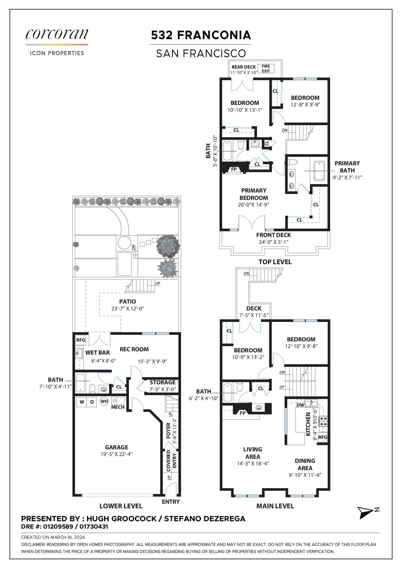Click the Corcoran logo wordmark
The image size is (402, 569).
[57, 34]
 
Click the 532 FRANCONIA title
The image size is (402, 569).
[201, 35]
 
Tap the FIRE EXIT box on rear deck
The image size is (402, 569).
[266, 69]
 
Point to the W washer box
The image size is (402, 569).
[82, 402]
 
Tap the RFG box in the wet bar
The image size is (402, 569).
[81, 340]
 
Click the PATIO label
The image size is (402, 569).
[127, 302]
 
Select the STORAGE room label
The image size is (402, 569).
[162, 382]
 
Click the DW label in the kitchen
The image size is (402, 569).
[300, 405]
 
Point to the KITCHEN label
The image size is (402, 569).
[308, 424]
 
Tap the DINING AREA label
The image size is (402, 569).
[305, 464]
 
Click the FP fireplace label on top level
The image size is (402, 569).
[234, 169]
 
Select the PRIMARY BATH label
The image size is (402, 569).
[347, 167]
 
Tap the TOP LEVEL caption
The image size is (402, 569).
[275, 262]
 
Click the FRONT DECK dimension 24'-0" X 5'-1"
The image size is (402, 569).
[274, 242]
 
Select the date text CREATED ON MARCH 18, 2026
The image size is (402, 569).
[53, 537]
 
